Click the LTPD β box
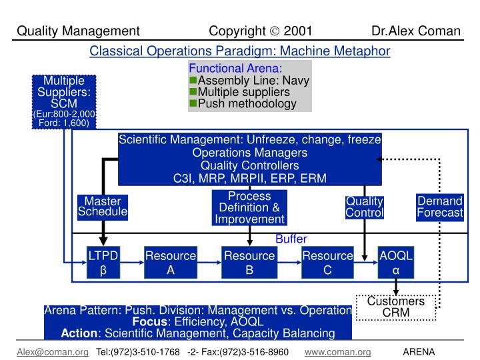(x=103, y=263)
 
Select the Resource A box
(x=171, y=263)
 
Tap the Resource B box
(x=249, y=263)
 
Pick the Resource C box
(x=327, y=263)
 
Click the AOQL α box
(x=396, y=263)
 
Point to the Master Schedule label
(x=103, y=207)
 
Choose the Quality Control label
(x=365, y=207)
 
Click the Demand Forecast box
(x=439, y=207)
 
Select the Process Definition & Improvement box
(x=249, y=207)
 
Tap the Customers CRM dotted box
(x=396, y=307)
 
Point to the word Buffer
(x=291, y=239)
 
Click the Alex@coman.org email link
(x=53, y=351)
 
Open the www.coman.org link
(x=337, y=351)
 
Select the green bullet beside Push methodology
(x=193, y=103)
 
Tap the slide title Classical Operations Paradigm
(x=240, y=51)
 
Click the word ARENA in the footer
(x=419, y=351)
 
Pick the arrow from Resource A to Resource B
(x=210, y=263)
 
